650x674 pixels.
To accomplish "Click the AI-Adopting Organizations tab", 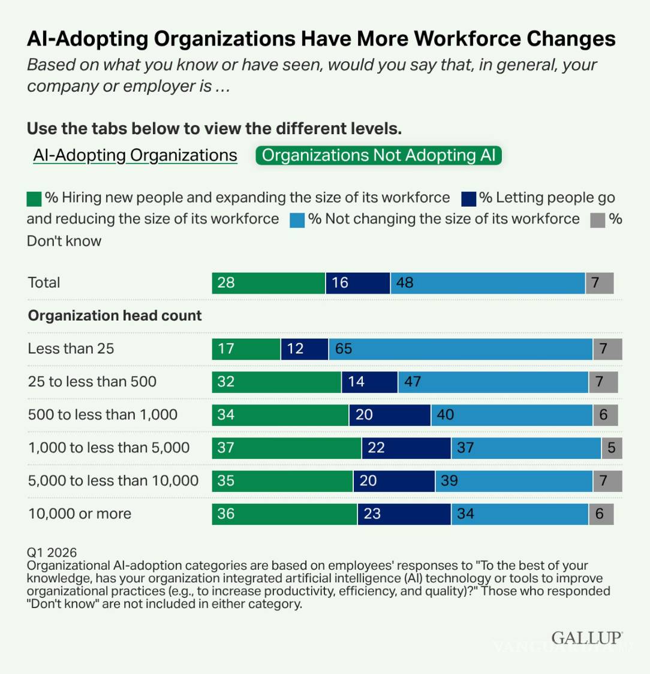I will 135,155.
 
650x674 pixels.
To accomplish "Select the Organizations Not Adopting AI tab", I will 378,155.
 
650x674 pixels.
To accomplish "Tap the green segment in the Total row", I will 268,283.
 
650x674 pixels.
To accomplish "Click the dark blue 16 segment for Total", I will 357,283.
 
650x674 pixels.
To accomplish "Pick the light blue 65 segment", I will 460,349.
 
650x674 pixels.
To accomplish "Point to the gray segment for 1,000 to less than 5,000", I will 612,448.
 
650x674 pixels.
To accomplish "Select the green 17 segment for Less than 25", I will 246,349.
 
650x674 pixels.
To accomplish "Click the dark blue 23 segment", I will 404,513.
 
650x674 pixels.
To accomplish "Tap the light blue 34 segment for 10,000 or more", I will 519,513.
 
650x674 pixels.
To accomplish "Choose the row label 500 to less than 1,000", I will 103,415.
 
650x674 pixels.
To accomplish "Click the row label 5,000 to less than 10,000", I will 113,480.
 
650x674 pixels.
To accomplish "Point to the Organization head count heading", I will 115,316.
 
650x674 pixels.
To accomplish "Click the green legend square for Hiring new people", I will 34,199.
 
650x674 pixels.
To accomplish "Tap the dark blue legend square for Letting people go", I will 469,199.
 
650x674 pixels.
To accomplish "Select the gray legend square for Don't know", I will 597,220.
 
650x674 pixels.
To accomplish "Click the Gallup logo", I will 586,637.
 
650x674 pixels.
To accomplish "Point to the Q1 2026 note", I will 52,552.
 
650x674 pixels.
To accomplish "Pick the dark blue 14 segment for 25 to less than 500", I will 369,382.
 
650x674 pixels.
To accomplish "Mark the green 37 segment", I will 286,448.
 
